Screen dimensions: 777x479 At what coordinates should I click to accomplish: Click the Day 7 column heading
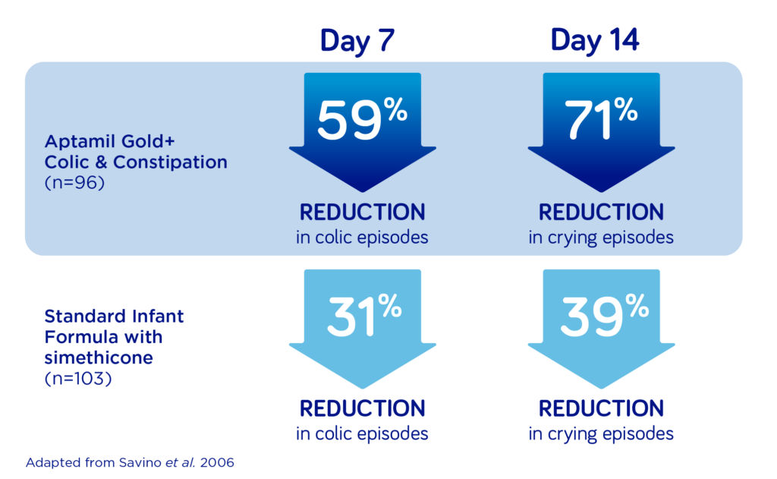tap(357, 41)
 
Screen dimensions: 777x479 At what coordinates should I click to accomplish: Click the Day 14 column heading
tap(595, 40)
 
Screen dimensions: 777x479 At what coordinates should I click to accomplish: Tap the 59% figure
tap(362, 119)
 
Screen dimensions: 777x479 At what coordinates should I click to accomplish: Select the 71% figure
tap(601, 119)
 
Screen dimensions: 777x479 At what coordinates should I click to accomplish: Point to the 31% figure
tap(364, 315)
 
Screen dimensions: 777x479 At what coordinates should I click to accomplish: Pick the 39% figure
tap(605, 315)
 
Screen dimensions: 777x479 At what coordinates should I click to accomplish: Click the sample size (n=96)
tap(75, 183)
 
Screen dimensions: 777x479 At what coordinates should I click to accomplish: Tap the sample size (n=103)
tap(78, 379)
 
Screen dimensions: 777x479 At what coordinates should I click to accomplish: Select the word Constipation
tap(171, 162)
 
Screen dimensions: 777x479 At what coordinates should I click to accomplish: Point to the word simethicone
tap(99, 358)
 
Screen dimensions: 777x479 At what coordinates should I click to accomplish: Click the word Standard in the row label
tap(82, 316)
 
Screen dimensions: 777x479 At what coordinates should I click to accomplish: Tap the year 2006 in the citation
tap(217, 462)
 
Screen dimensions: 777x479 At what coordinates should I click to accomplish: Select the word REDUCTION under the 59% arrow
tap(362, 213)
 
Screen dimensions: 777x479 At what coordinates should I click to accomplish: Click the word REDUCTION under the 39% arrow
tap(601, 408)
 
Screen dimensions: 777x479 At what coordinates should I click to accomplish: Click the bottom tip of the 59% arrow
tap(363, 192)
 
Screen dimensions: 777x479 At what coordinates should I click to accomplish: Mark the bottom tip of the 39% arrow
tap(602, 389)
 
